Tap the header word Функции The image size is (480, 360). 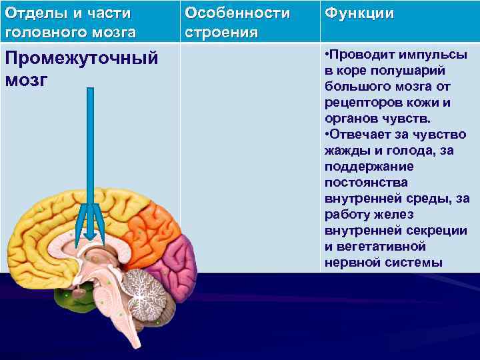(359, 14)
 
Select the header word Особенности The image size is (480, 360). (237, 13)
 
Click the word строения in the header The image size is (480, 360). (221, 33)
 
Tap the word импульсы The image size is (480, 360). (440, 55)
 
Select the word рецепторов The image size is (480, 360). (363, 103)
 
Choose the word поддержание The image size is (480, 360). (369, 167)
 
